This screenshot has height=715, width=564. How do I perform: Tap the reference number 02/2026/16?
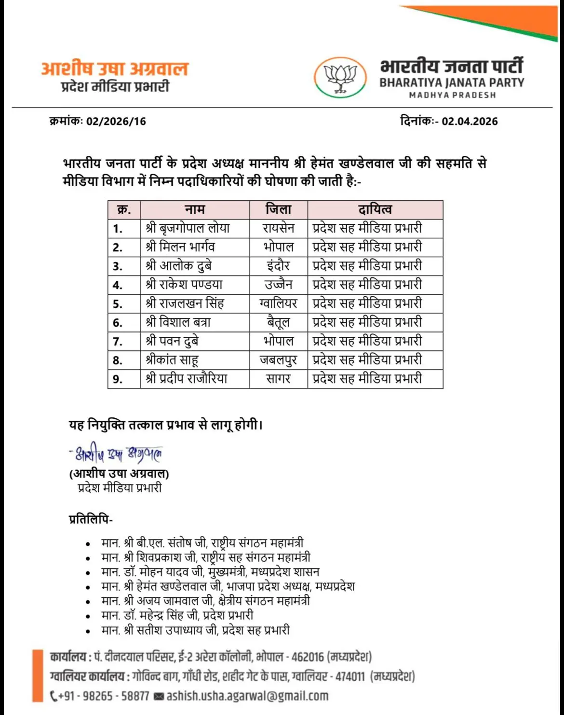coord(116,122)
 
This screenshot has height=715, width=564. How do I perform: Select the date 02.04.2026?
coord(470,121)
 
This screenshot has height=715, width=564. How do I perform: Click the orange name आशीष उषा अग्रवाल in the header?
coord(114,69)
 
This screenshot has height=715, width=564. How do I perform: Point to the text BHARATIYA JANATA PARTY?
coord(451,82)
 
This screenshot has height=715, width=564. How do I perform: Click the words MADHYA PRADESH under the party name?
coord(452,95)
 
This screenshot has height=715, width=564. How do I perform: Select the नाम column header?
coord(195,209)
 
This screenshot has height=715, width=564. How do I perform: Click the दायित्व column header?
coord(375,209)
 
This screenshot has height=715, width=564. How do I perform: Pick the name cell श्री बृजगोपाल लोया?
coord(188,228)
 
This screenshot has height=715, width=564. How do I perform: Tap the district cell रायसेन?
coord(278,228)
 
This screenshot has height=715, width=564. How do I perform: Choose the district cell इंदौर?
coord(278,266)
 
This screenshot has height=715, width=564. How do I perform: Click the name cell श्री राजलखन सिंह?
coord(185,303)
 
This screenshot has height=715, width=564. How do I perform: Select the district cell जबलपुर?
coord(278,360)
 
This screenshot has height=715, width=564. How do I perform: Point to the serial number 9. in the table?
coord(118,379)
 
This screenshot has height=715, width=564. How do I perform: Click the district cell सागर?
coord(278,379)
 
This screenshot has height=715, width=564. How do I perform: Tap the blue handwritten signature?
coord(116,454)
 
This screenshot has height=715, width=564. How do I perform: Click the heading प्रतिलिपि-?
coord(91,520)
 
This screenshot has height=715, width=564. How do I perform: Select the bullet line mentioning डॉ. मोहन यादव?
coord(210,572)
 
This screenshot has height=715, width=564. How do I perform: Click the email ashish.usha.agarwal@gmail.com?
coord(247,696)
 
